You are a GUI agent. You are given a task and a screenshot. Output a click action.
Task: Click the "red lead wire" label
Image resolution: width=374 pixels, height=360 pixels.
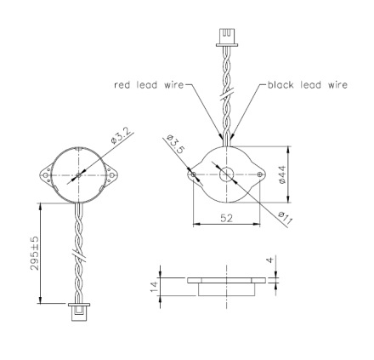(x=149, y=85)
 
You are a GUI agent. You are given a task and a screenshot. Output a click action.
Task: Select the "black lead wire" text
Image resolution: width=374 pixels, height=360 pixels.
(x=308, y=85)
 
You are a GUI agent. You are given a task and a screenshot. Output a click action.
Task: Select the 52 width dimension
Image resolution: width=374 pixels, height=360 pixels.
(x=226, y=219)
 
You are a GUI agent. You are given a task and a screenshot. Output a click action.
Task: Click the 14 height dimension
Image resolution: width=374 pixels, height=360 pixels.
(x=154, y=285)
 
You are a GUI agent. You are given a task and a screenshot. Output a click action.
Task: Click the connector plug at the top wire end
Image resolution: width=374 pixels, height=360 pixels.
(x=226, y=36)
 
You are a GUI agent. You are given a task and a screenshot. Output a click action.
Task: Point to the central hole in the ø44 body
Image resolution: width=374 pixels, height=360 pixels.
(x=227, y=174)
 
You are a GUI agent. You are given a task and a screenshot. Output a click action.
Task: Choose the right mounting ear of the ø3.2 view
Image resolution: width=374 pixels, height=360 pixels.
(x=110, y=177)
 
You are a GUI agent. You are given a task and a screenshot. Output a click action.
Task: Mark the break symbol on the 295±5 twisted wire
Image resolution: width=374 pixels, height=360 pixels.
(x=77, y=254)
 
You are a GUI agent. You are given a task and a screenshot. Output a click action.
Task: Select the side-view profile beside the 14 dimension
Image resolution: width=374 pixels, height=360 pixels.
(x=226, y=284)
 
